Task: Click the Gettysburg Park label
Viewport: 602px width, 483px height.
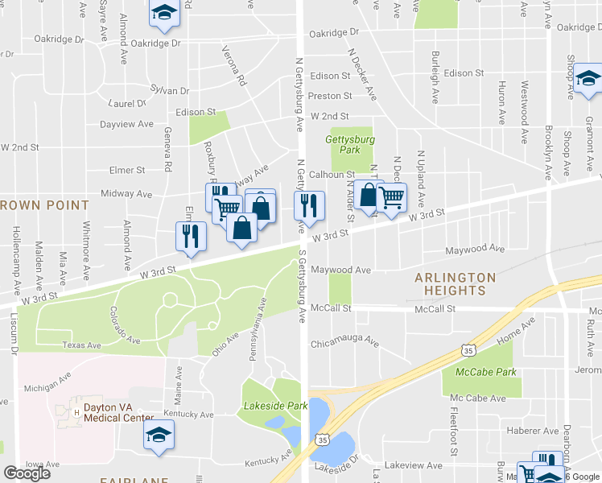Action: coord(344,144)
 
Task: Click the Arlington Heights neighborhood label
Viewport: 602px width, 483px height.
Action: coord(455,284)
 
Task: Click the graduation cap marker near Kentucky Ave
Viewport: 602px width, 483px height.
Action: coord(159,436)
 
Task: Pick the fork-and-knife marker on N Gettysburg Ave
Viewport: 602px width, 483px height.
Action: coord(309,205)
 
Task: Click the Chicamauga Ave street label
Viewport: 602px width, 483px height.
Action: coord(344,341)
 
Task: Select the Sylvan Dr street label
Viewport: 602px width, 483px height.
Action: coord(170,91)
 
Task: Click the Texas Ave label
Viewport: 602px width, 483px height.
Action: coord(82,345)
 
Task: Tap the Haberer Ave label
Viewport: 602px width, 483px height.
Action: coord(539,431)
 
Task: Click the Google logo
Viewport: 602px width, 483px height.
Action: coord(27,473)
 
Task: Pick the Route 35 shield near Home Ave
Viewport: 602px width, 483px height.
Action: coord(468,350)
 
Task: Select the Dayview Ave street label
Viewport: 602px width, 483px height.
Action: coord(126,124)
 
